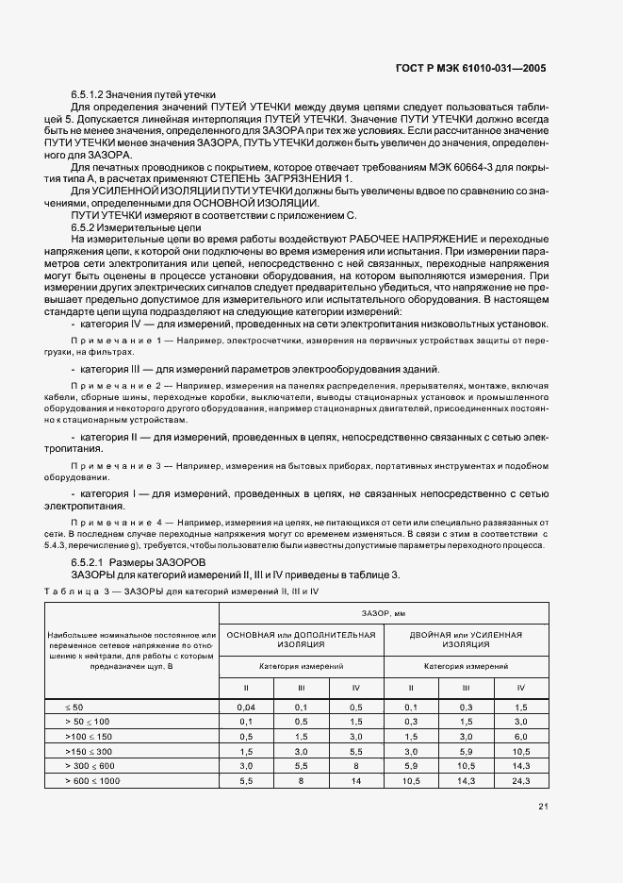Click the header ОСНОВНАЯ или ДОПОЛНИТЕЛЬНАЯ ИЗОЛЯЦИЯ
(301, 640)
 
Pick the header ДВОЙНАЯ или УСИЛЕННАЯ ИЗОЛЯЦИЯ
(466, 640)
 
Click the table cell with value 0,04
(246, 707)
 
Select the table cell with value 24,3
(520, 780)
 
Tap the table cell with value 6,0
(520, 736)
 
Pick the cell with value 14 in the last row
(355, 780)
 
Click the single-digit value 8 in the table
(301, 780)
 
